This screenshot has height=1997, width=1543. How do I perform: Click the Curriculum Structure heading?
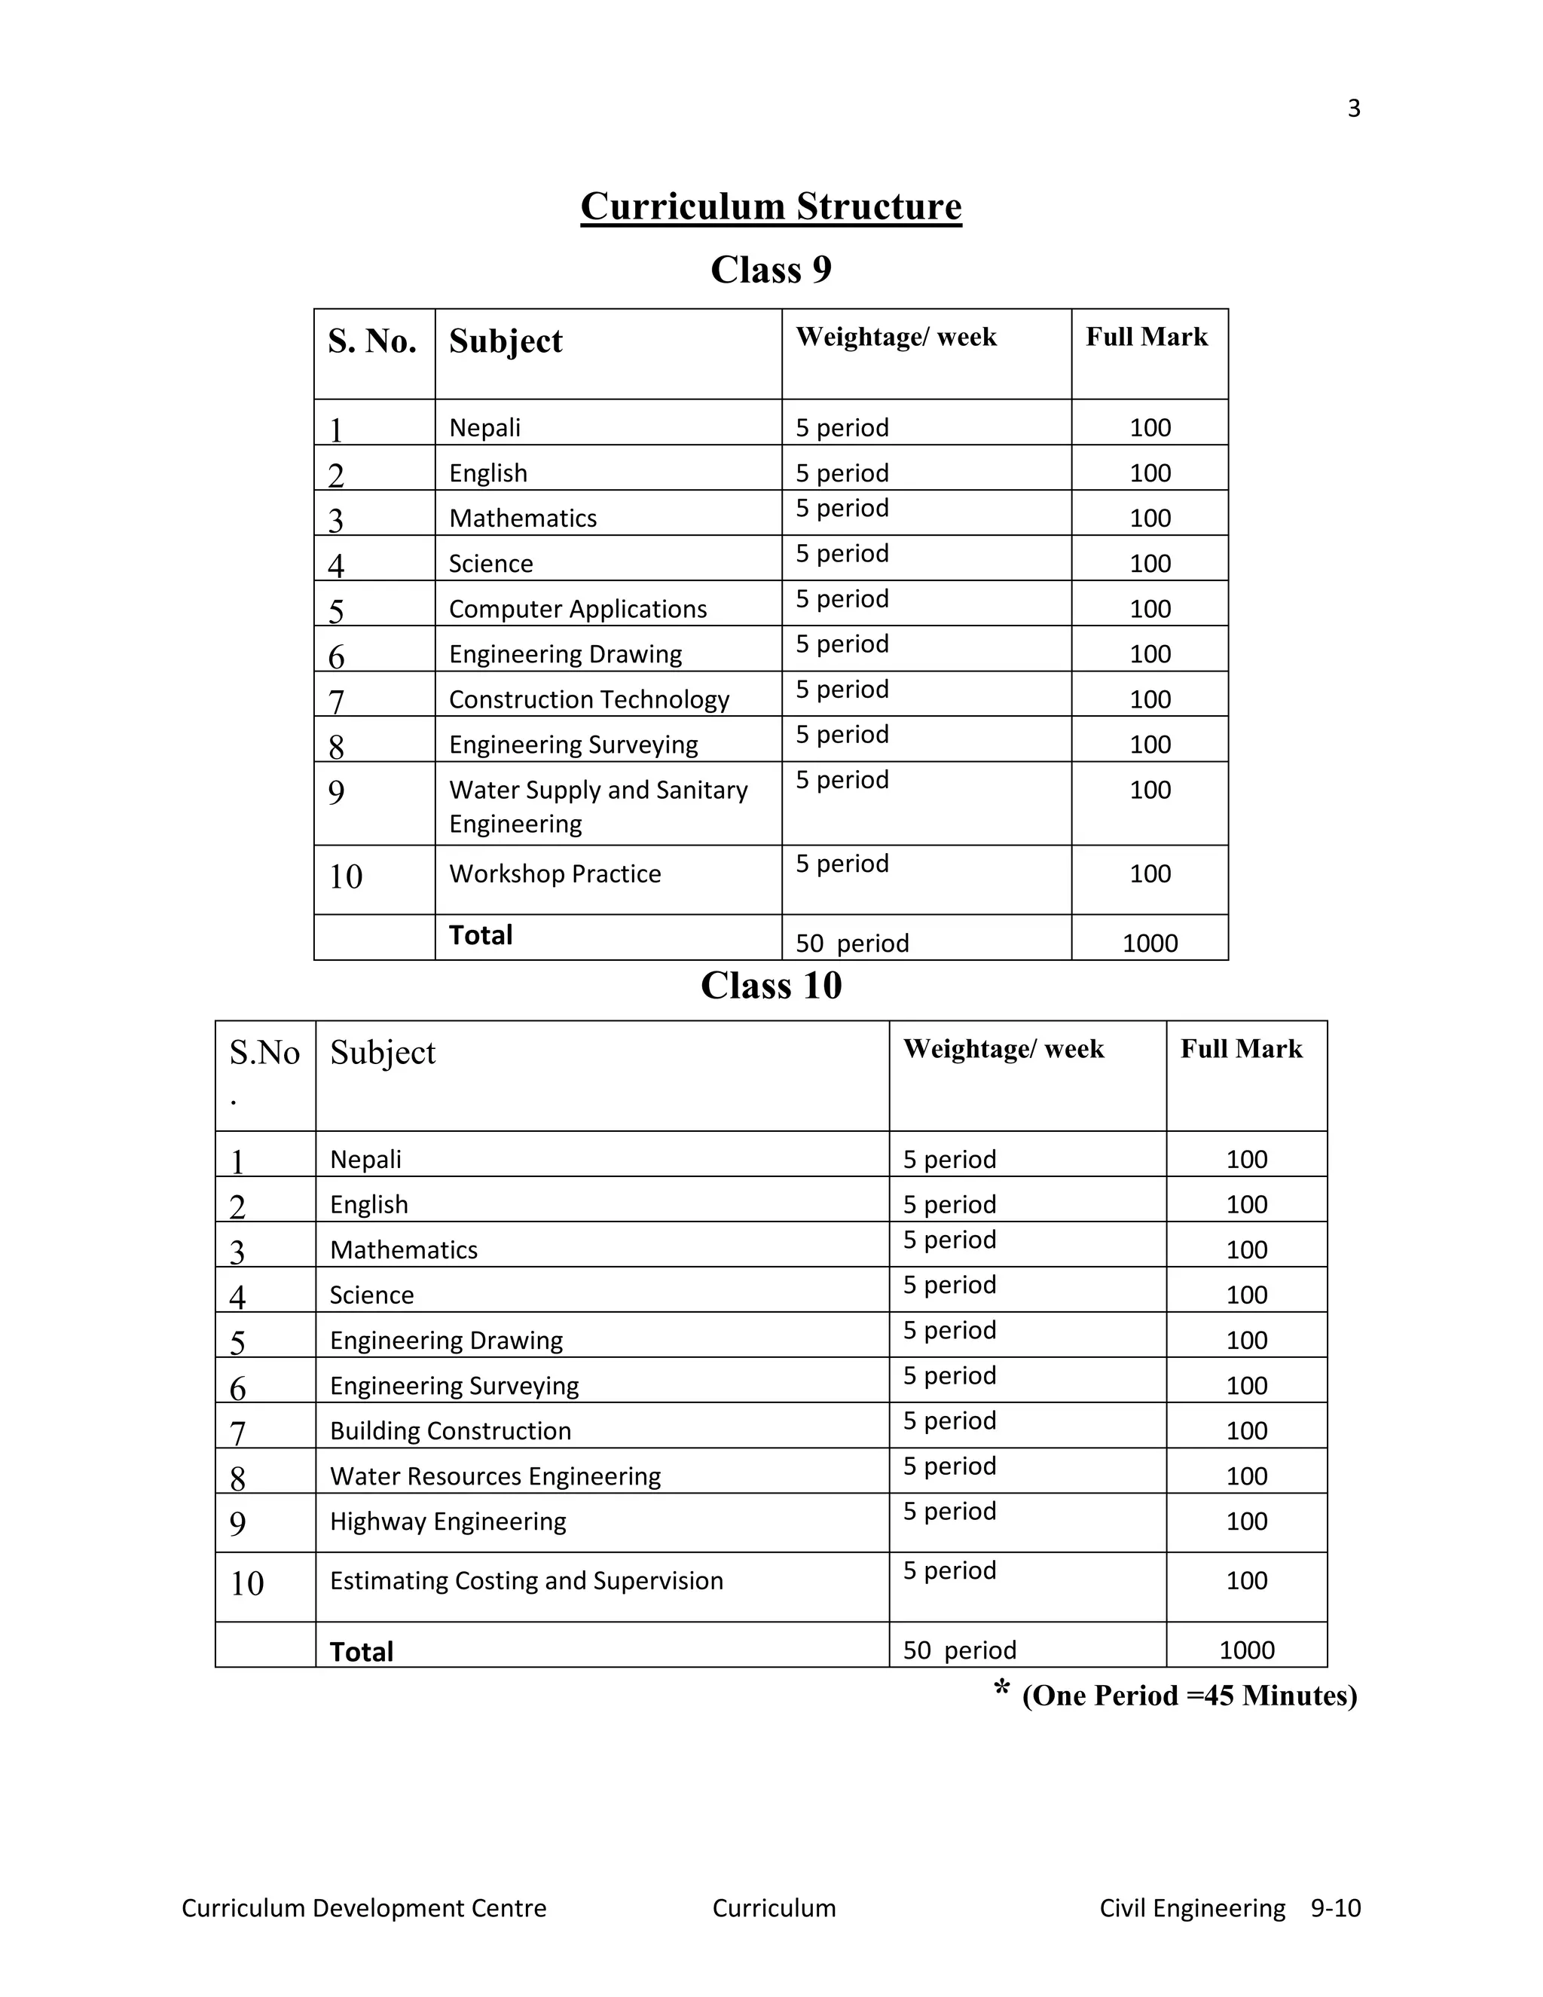coord(771,206)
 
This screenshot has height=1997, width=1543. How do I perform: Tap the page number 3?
coord(1354,109)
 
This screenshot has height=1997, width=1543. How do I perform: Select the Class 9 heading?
coord(771,270)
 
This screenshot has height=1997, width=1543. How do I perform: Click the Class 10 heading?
coord(771,986)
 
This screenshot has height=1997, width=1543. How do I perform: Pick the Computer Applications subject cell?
coord(578,609)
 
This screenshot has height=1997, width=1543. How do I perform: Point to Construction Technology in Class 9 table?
coord(588,699)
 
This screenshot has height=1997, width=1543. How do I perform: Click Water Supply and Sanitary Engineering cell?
coord(597,806)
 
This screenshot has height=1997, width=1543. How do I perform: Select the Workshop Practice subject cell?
coord(555,874)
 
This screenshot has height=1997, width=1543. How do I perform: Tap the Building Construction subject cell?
coord(450,1431)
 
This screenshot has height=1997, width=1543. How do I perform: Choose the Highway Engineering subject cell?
coord(448,1521)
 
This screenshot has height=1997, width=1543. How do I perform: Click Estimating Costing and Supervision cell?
coord(526,1581)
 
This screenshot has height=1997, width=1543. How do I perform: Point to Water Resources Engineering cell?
coord(494,1477)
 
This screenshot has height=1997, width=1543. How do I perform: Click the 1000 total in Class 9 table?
coord(1149,943)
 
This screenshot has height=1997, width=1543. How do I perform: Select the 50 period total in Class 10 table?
coord(959,1650)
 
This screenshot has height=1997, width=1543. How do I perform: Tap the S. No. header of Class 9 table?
coord(372,341)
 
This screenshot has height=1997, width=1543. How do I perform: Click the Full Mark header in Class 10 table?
coord(1240,1049)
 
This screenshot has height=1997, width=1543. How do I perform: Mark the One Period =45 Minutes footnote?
coord(1188,1696)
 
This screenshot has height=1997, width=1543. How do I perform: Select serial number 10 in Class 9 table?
coord(346,877)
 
